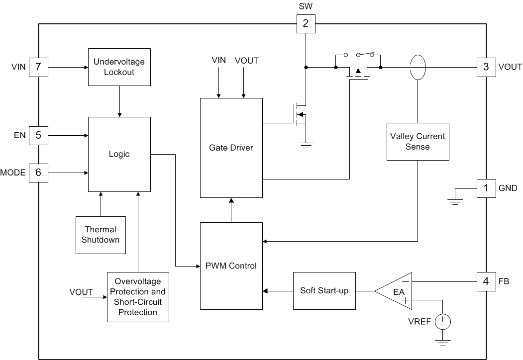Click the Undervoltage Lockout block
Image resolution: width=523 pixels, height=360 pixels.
[119, 67]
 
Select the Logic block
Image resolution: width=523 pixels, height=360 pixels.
[119, 154]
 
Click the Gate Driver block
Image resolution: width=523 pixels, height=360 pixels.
[231, 148]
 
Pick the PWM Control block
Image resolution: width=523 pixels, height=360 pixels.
[231, 266]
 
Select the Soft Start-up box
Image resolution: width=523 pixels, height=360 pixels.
[324, 290]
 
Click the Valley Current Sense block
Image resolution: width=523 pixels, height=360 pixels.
[418, 141]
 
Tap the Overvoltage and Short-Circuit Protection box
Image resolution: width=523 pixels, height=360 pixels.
[138, 297]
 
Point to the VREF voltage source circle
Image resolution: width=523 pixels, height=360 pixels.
[442, 322]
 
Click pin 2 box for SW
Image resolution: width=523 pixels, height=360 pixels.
[306, 23]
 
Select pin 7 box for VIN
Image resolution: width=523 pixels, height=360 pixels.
[38, 67]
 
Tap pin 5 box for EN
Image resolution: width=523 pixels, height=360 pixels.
[38, 135]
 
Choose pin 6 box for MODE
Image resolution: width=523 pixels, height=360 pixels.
[38, 173]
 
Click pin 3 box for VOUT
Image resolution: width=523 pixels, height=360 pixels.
[486, 67]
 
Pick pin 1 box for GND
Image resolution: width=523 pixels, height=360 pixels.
[486, 188]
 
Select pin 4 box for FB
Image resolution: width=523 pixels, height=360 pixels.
[486, 281]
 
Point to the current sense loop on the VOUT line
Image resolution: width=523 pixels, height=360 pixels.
[418, 66]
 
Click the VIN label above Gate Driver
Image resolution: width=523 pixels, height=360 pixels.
[218, 60]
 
